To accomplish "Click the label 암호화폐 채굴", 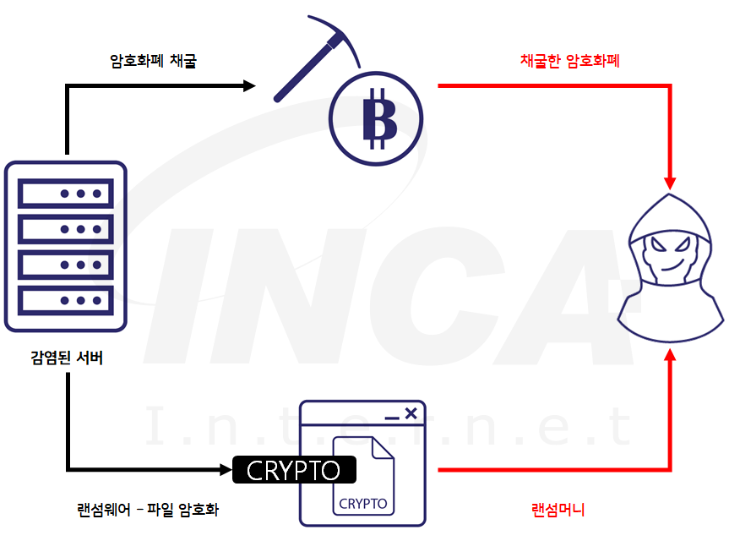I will click(153, 61).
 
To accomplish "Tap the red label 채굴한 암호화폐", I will click(570, 61).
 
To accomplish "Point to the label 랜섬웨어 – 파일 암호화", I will click(148, 510).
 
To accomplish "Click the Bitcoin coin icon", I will click(377, 121).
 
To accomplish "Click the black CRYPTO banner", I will click(294, 470).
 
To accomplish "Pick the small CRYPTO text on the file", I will click(363, 504).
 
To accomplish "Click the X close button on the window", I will click(411, 413).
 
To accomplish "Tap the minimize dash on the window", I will click(391, 418).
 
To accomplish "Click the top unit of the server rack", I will click(66, 194).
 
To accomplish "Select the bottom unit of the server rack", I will click(66, 300).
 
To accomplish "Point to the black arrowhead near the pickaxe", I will click(248, 85).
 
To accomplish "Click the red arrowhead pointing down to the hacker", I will click(671, 182).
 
